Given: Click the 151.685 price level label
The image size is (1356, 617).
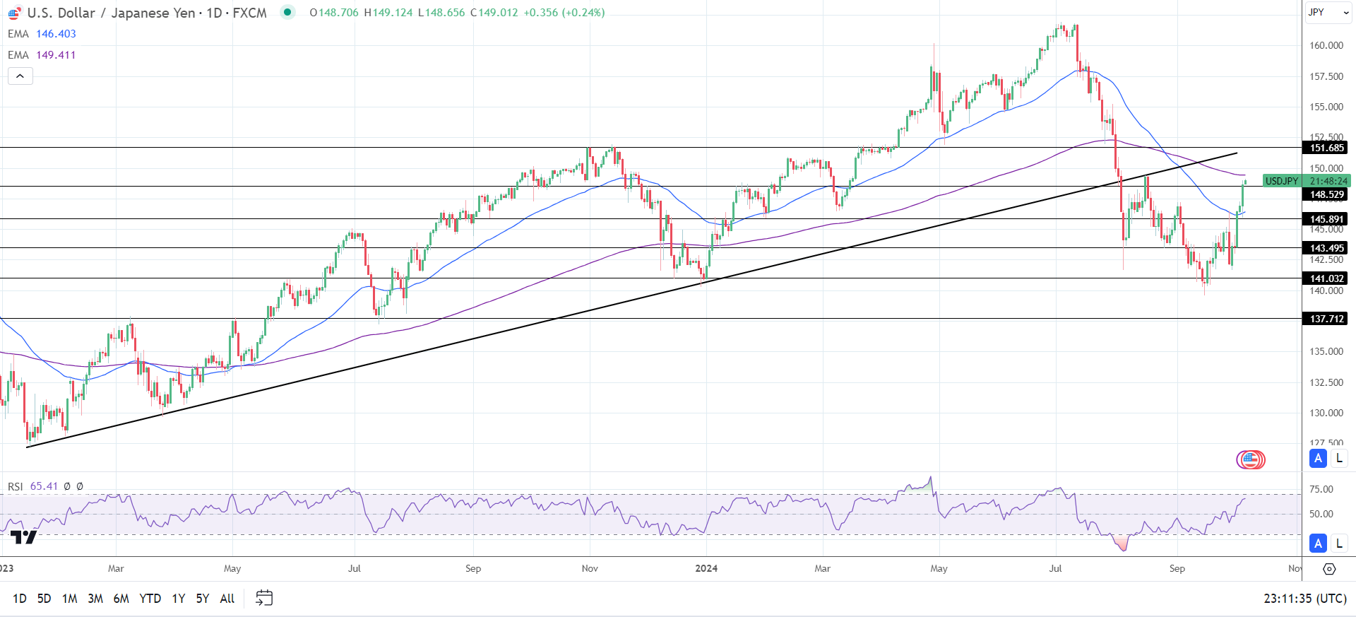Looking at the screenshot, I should tap(1326, 148).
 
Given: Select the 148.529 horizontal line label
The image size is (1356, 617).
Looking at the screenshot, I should tap(1326, 194).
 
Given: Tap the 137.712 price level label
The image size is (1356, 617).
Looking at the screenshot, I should tap(1326, 319).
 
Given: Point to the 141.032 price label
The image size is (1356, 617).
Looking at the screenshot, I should tap(1326, 278).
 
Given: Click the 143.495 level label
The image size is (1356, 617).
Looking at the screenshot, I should tap(1326, 248).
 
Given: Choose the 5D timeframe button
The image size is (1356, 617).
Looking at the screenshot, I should tap(44, 599).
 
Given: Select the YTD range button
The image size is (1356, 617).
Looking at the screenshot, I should tap(150, 599).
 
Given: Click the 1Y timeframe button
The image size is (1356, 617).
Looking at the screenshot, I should tap(179, 599).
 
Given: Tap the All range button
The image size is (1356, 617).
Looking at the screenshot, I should tap(227, 599).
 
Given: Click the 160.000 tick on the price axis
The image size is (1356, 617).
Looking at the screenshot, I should tap(1326, 45).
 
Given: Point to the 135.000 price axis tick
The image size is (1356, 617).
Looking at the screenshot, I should tap(1326, 351).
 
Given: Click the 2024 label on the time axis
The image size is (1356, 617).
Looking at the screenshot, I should tap(706, 568).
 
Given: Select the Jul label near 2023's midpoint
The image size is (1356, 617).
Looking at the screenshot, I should tap(355, 568).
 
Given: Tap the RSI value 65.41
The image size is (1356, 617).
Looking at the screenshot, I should tap(44, 486).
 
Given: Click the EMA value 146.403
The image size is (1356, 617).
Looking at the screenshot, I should tap(56, 34).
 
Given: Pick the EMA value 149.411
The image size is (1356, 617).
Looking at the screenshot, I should tap(56, 55).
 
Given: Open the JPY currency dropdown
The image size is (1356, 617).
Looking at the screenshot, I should tap(1328, 12).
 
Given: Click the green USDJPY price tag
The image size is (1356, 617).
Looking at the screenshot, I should tap(1282, 181).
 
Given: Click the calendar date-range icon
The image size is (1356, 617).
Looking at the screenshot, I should tap(264, 598).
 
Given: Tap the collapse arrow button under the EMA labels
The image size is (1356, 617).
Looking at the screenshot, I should tap(20, 76).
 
